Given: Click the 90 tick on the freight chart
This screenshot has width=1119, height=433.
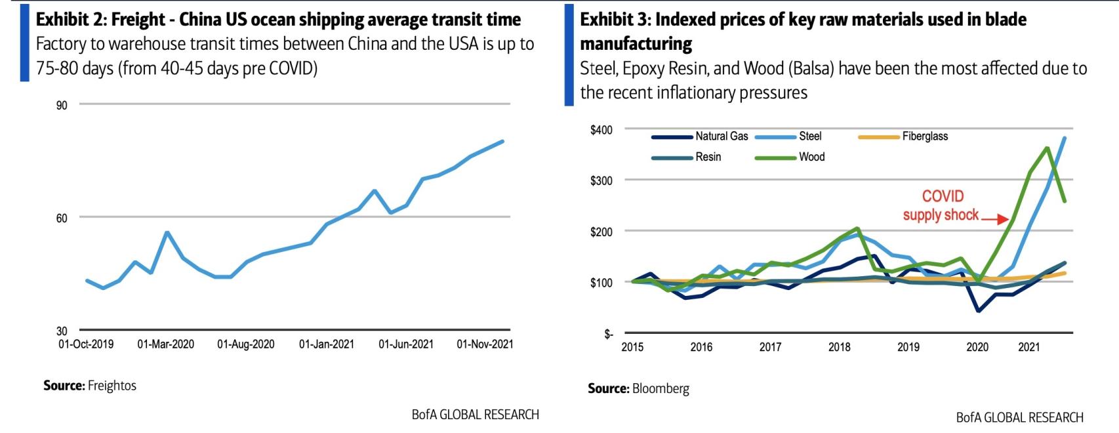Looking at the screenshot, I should click(62, 106).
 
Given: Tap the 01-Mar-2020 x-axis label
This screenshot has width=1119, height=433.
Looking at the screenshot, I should click(165, 344).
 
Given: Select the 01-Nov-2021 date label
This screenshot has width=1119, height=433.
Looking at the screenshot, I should click(485, 344).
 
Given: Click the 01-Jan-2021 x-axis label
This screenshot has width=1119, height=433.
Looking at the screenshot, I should click(326, 344).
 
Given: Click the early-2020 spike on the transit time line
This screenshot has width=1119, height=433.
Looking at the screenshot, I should click(167, 232).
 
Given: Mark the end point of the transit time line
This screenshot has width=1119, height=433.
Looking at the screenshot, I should click(503, 141).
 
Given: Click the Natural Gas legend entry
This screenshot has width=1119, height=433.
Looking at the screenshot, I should click(721, 136).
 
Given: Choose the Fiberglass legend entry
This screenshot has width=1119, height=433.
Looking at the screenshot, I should click(924, 136).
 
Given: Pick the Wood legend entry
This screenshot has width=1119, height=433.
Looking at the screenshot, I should click(811, 157).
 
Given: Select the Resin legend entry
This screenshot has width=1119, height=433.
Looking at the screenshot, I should click(708, 157).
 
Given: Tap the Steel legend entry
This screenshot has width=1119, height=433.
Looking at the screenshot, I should click(809, 136).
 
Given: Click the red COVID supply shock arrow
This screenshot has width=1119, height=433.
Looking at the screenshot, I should click(995, 219).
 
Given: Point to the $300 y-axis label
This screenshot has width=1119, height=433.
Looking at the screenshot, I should click(601, 180).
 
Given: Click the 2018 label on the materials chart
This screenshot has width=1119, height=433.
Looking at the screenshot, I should click(839, 347).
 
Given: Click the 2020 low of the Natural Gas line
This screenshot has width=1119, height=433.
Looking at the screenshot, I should click(978, 310).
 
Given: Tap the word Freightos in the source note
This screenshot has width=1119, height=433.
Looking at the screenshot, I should click(112, 386).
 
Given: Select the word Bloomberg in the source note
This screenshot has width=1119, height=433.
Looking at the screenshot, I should click(661, 388).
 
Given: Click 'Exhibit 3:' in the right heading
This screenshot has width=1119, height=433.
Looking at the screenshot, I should click(614, 20).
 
